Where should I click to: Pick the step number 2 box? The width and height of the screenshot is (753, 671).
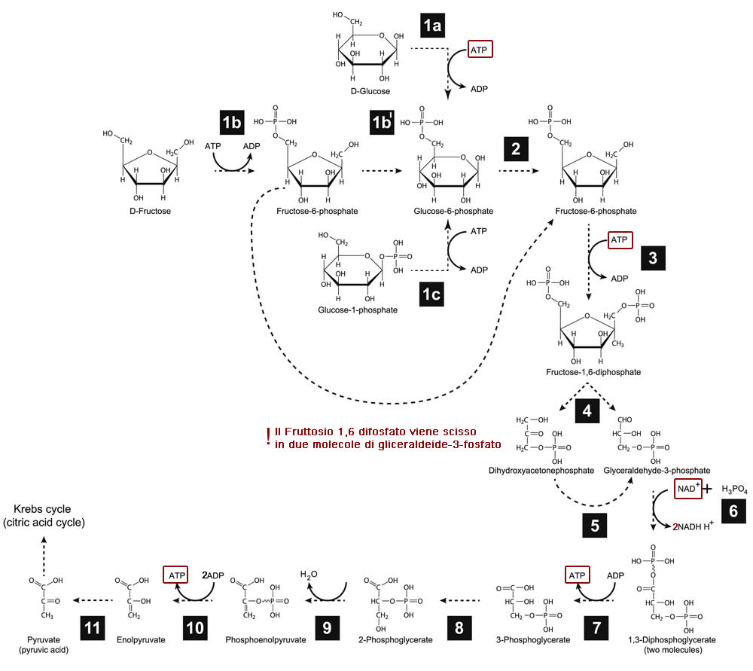[x=516, y=148]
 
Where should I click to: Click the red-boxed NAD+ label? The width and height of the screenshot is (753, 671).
[x=687, y=489]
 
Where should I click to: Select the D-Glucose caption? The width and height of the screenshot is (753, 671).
[x=370, y=91]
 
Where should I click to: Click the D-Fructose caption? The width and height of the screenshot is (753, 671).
[x=150, y=211]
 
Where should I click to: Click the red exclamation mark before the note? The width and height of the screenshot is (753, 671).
[x=267, y=438]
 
